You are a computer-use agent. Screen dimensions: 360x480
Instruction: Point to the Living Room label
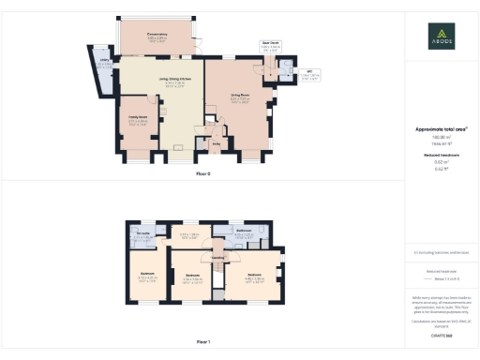240,95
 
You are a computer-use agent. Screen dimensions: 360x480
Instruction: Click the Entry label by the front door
216,143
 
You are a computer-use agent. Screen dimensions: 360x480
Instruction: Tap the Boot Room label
270,42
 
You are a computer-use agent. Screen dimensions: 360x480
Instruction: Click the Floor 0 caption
203,173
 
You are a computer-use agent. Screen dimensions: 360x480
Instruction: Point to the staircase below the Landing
217,277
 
